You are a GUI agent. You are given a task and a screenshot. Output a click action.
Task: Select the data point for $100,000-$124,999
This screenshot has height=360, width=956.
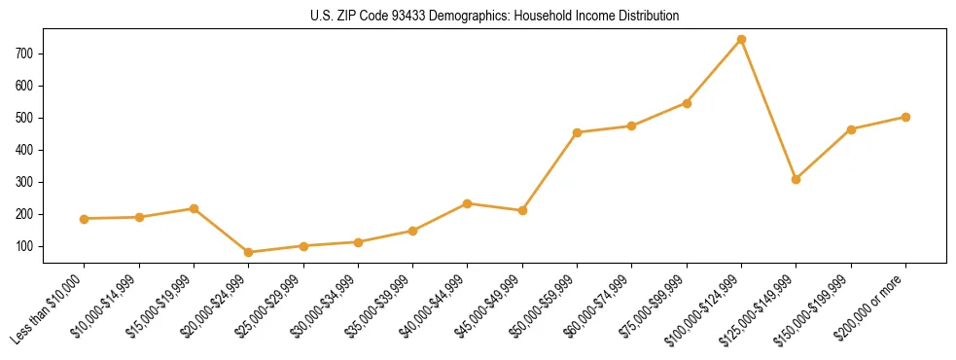tap(742, 40)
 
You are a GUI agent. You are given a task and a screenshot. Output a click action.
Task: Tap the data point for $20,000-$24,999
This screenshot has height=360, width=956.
tap(249, 252)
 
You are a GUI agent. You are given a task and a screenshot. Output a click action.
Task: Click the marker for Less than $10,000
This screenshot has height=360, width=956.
tap(85, 219)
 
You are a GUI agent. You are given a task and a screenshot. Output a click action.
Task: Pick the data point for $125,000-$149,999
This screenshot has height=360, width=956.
tap(797, 179)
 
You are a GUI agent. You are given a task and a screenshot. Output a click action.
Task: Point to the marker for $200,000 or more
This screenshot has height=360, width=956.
tap(905, 117)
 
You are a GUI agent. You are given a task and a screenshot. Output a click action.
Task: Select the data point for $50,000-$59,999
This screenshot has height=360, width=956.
tap(578, 132)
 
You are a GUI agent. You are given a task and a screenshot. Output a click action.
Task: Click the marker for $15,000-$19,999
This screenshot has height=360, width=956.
tap(195, 208)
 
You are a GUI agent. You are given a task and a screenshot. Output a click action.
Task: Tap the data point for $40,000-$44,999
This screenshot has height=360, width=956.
tap(468, 203)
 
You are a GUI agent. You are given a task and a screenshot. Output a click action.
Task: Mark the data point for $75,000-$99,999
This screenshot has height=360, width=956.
tap(687, 103)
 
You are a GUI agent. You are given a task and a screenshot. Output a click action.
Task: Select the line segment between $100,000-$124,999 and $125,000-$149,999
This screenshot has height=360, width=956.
tap(769, 110)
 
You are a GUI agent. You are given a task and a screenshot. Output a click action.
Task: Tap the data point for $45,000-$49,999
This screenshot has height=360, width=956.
tap(522, 210)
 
